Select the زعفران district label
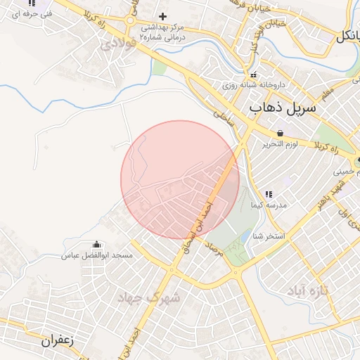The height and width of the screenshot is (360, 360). coord(58,340)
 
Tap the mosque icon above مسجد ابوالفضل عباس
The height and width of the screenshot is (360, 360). coord(96,245)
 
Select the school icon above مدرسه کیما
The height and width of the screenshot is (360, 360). coord(268,194)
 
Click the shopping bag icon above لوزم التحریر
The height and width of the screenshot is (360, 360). coord(281,133)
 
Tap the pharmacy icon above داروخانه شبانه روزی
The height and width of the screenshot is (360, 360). coord(252,75)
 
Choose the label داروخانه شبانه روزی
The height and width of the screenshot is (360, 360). coord(252,84)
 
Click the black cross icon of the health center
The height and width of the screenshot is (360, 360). coord(163,16)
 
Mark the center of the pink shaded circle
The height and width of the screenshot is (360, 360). coord(180,179)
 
